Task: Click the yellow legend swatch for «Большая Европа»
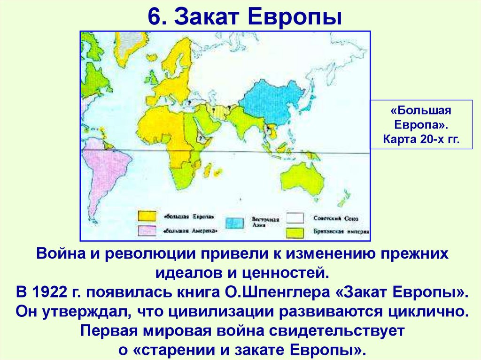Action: click(x=146, y=216)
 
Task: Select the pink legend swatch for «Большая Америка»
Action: click(x=146, y=230)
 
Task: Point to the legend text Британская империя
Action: click(x=340, y=232)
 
